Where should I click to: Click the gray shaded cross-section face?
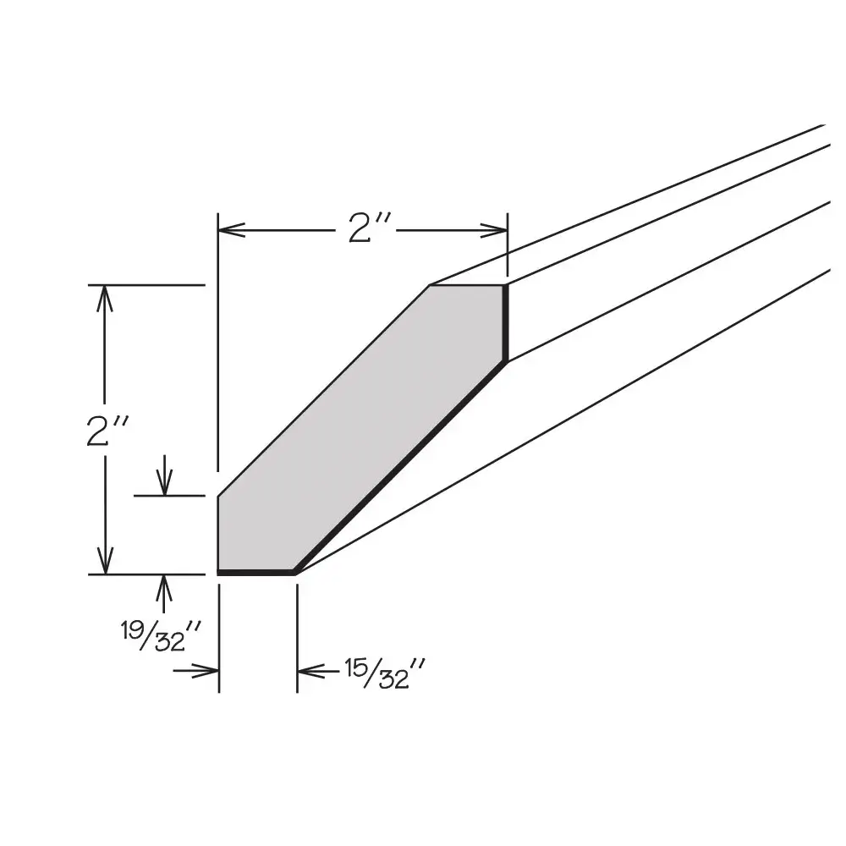[364, 423]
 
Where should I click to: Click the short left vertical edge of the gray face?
[218, 534]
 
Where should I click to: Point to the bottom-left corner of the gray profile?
[219, 572]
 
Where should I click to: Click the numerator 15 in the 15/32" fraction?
[354, 667]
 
